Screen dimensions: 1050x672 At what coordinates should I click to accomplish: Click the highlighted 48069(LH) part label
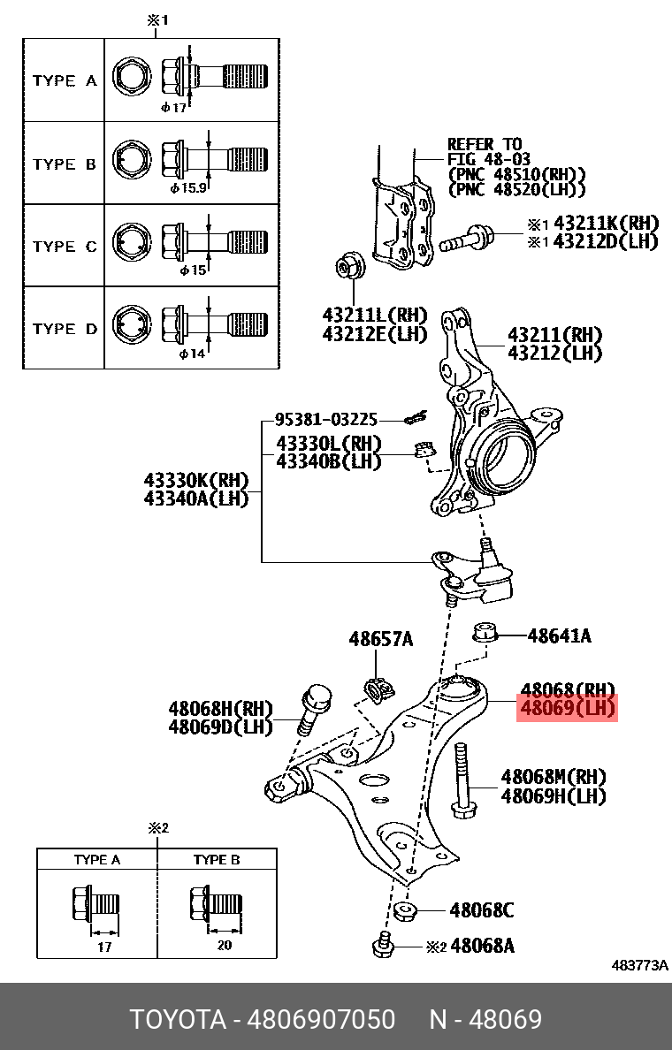pos(566,708)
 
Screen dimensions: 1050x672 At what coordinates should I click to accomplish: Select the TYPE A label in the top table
pos(65,80)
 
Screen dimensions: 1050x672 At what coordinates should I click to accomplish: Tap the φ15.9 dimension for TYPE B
pos(187,188)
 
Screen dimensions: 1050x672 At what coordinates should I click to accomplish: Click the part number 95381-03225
pos(325,420)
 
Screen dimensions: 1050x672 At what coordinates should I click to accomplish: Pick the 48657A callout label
pos(380,638)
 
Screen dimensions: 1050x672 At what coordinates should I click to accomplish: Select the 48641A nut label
pos(559,635)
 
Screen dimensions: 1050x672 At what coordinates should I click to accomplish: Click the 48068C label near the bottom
pos(481,909)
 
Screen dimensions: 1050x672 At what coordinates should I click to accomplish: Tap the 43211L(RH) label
pos(374,316)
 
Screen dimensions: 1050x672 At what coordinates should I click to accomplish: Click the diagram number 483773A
pos(640,966)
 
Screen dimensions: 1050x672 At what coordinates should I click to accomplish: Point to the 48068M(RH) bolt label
pos(554,777)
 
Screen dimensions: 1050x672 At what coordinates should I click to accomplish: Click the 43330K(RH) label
pos(196,480)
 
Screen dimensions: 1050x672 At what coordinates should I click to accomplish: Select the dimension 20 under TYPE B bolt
pos(224,946)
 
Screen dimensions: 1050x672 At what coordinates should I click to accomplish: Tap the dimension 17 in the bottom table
pos(104,947)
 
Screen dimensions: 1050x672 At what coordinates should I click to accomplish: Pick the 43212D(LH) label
pos(606,241)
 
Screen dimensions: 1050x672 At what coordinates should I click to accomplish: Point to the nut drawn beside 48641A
pos(484,633)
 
